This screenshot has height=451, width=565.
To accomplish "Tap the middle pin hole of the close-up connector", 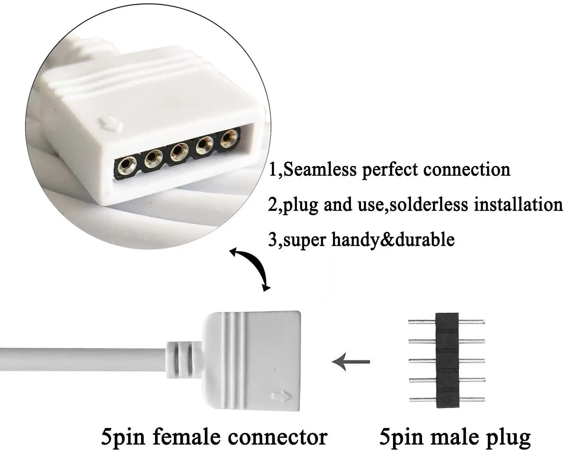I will click(179, 152).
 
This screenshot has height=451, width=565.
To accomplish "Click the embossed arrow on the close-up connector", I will click(110, 124).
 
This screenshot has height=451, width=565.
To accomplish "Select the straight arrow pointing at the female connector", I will click(351, 362).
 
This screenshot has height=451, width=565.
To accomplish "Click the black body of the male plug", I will click(447, 360).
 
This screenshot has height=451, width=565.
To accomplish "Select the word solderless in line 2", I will click(429, 204).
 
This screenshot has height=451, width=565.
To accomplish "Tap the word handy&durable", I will click(393, 240).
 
